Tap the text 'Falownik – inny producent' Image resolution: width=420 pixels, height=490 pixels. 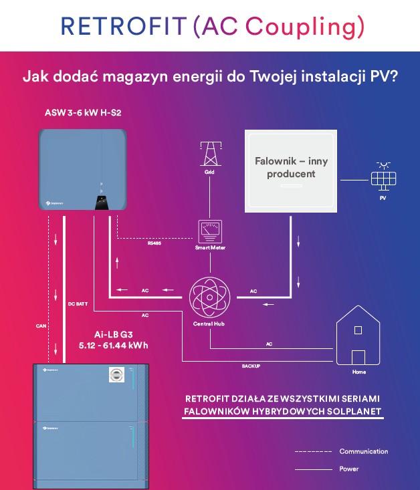click(x=291, y=167)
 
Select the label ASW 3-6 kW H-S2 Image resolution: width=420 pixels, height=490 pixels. click(x=73, y=112)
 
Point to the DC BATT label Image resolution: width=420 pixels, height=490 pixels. click(x=78, y=303)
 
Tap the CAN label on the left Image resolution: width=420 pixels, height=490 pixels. click(x=41, y=326)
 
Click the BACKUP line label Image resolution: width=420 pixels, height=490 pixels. click(x=251, y=366)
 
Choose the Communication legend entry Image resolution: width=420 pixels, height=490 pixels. click(x=363, y=451)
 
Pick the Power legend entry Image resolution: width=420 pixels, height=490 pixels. click(x=348, y=469)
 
